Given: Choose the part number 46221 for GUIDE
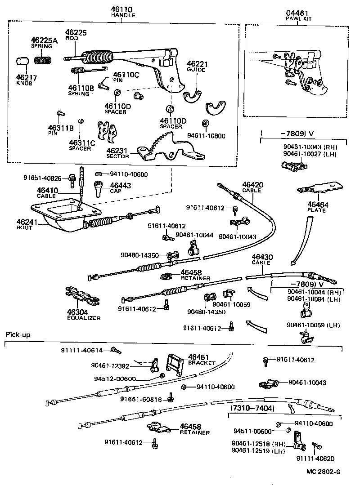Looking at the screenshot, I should click(197, 64).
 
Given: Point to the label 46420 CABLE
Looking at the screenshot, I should click(252, 187).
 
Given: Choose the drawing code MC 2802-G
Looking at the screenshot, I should click(322, 472).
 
